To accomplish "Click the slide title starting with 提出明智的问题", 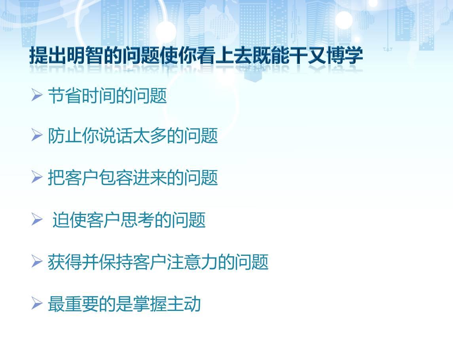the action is (196, 55).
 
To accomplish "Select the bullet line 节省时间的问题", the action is (107, 96).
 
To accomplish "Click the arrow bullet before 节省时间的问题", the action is (37, 95).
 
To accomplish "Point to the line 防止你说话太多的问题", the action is (133, 135).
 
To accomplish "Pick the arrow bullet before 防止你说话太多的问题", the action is (37, 135).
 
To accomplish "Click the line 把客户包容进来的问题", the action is (133, 177).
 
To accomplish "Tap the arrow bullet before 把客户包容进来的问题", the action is (37, 177).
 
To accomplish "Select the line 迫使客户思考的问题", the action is (129, 220).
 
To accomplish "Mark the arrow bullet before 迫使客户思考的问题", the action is (37, 219).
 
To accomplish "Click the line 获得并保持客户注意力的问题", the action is (158, 262).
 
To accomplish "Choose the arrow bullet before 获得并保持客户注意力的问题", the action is (37, 261).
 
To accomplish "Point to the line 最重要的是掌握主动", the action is (124, 304).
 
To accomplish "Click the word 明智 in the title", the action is (85, 55).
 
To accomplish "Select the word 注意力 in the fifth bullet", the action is (192, 262).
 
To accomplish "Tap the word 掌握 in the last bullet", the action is (150, 304).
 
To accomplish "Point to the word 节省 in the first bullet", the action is (65, 96).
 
